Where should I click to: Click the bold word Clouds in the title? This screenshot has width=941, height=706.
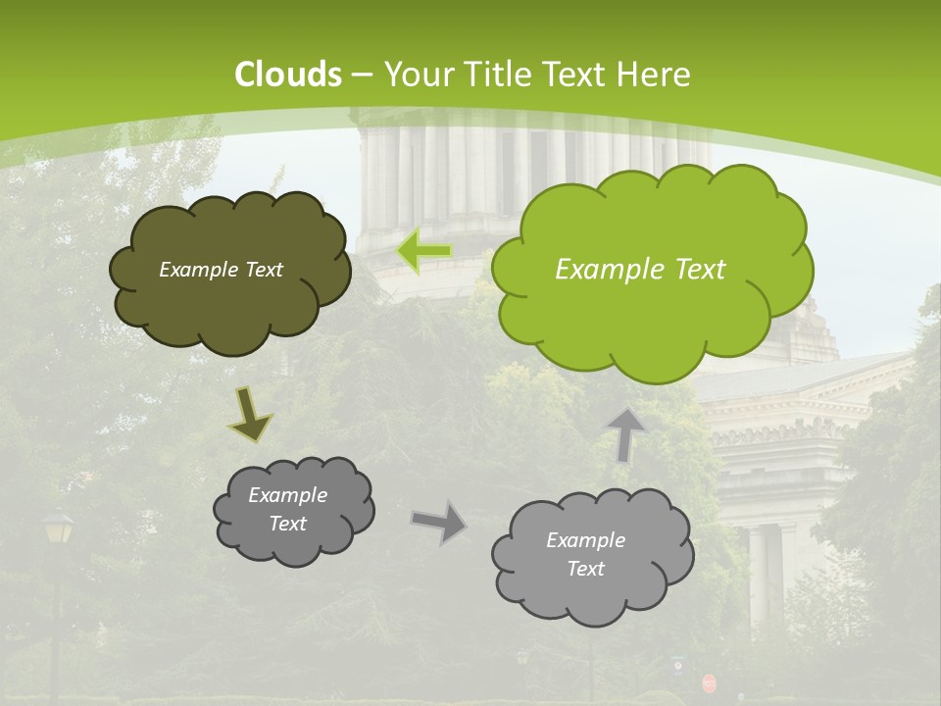[288, 75]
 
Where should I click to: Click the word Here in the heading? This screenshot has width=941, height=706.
[654, 75]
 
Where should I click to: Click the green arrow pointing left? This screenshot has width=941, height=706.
[424, 251]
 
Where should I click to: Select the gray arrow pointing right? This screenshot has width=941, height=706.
[439, 521]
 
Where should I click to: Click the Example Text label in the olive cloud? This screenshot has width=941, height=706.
[221, 270]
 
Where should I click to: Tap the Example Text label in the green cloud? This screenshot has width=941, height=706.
[640, 270]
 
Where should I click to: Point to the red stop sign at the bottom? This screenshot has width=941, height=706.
[709, 682]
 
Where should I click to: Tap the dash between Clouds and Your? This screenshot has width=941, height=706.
[360, 75]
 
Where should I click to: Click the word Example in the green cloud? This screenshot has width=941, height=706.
[601, 270]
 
